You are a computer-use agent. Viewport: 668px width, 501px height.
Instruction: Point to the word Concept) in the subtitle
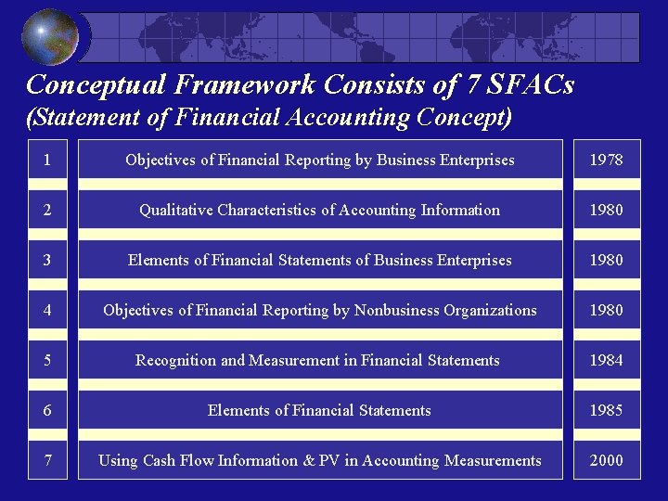click(464, 118)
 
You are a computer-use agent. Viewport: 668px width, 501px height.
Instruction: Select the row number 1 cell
click(47, 161)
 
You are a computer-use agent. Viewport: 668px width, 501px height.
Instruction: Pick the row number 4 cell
click(47, 311)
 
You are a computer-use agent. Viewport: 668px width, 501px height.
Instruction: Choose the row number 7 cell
click(47, 461)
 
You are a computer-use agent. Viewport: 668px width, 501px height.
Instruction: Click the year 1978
click(607, 161)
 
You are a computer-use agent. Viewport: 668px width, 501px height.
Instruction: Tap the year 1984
click(607, 361)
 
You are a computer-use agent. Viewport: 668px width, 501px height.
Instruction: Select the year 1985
click(607, 411)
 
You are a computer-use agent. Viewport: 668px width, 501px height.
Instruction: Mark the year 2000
click(607, 461)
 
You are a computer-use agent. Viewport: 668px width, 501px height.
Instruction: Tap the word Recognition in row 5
click(176, 361)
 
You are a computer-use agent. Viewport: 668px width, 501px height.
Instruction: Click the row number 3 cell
click(47, 261)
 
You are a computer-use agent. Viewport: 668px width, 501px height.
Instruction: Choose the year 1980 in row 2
click(607, 211)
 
